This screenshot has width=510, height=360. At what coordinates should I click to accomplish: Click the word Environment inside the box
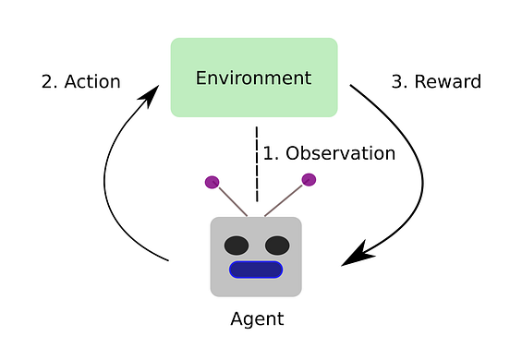click(x=253, y=78)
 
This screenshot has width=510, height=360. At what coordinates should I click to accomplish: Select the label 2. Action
click(x=80, y=81)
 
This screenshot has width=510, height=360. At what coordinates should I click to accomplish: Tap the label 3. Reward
click(x=436, y=81)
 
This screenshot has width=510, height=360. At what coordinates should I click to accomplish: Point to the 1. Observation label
click(x=329, y=153)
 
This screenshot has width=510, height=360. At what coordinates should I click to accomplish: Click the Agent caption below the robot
click(x=256, y=320)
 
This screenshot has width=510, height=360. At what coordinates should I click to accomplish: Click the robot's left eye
click(x=237, y=246)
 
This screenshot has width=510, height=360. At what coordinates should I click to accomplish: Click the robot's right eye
click(x=276, y=246)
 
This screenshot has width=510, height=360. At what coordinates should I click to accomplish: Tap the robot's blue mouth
click(x=256, y=270)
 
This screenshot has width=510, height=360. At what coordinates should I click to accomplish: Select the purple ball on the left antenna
click(x=212, y=182)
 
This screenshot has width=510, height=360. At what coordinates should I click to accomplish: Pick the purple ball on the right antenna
click(x=309, y=179)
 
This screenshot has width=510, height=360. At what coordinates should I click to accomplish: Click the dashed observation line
click(x=256, y=162)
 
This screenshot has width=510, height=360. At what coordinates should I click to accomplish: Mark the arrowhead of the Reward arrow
click(x=355, y=255)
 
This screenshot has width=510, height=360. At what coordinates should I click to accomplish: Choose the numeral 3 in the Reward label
click(x=397, y=81)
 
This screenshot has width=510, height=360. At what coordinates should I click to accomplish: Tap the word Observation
click(x=339, y=153)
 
